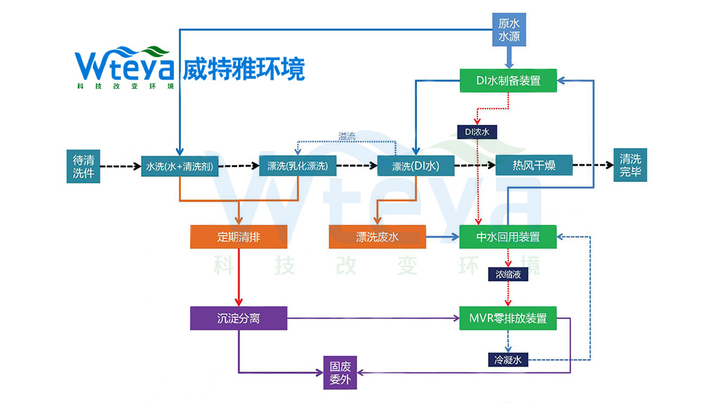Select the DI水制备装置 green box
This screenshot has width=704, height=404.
click(508, 80)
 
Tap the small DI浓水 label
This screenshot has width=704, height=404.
click(477, 131)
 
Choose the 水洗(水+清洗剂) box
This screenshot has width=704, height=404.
click(180, 167)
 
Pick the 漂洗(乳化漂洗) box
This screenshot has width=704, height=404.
click(297, 167)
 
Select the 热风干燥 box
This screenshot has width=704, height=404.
click(534, 166)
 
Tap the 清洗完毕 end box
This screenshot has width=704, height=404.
click(631, 166)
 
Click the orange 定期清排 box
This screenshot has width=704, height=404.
click(239, 237)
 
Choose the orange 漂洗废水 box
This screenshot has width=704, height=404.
click(377, 237)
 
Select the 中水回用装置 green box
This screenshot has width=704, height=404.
click(508, 237)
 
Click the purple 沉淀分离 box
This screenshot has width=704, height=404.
click(239, 318)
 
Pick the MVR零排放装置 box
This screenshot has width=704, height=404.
click(508, 318)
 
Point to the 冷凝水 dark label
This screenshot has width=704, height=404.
click(508, 360)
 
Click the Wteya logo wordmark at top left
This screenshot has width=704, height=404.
click(122, 65)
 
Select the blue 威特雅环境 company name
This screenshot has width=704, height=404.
click(244, 69)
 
